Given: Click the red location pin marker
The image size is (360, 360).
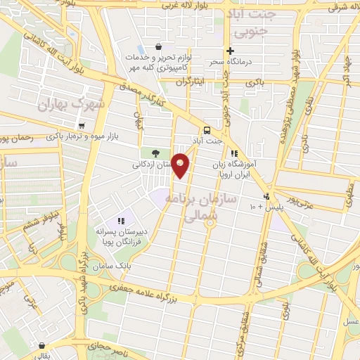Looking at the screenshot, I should [181, 165].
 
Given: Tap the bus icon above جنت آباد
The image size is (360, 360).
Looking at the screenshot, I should [207, 130].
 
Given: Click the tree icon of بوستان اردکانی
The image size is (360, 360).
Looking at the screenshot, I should [155, 153].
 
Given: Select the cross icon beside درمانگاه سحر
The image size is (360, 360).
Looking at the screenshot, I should [230, 51].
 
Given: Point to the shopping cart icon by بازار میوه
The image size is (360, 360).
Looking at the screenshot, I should [82, 126].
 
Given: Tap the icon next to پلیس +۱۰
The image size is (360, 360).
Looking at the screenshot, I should [266, 196].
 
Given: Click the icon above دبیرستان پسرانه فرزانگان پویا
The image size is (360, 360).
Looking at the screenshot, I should [121, 221].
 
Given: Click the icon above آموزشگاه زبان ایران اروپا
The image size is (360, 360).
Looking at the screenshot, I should [234, 153].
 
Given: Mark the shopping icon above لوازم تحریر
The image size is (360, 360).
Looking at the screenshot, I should [148, 46].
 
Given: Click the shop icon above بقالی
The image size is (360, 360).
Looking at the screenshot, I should [44, 347].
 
